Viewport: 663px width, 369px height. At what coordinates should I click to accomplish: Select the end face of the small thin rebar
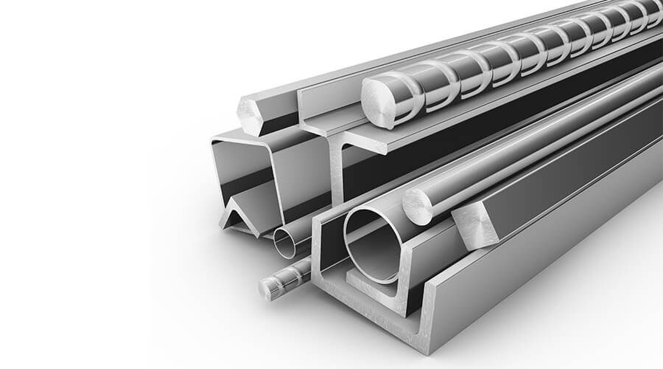270,289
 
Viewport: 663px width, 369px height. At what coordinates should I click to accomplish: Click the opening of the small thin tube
284,242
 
